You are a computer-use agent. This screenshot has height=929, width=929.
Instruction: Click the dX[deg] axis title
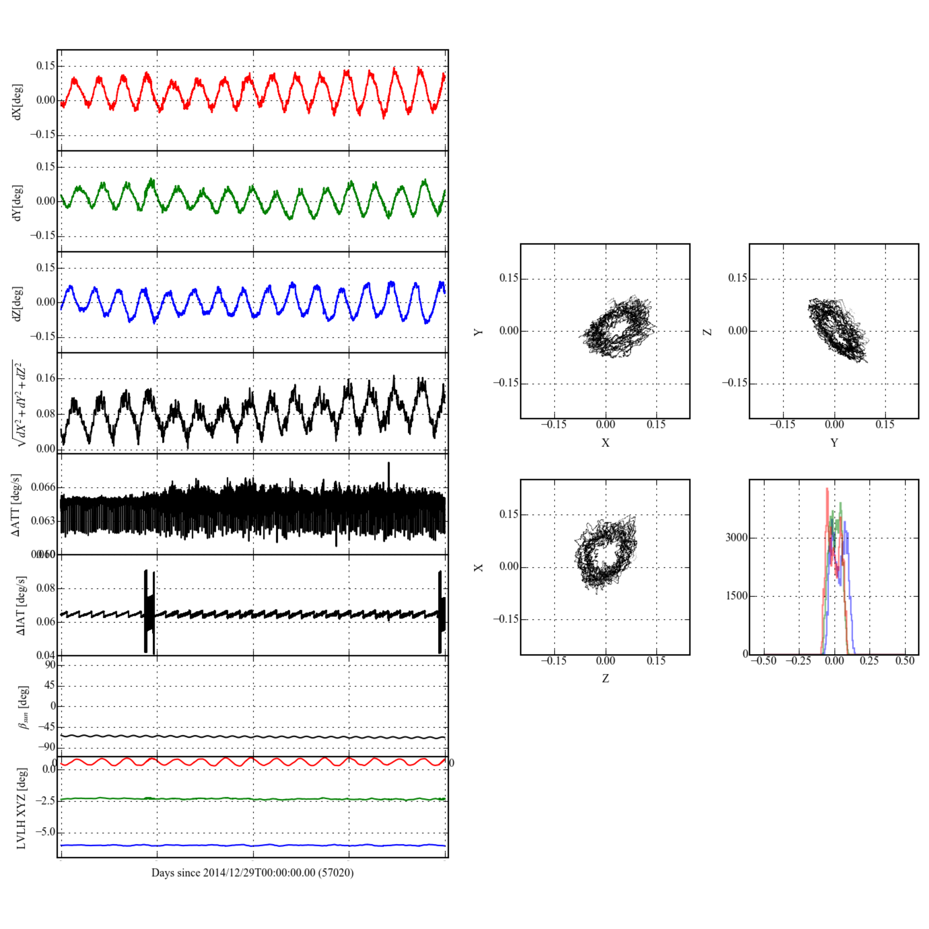[17, 101]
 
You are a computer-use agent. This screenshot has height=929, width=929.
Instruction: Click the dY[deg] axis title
[17, 203]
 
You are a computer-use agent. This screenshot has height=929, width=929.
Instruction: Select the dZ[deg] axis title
[17, 303]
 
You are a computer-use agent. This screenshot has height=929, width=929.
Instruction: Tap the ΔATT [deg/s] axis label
[16, 505]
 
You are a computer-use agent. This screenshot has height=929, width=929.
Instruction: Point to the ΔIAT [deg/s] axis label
[21, 605]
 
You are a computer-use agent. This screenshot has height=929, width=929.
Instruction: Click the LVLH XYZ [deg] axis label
[21, 808]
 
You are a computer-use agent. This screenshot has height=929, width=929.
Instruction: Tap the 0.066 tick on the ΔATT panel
[43, 488]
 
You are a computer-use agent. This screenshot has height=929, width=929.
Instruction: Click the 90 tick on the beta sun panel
[50, 665]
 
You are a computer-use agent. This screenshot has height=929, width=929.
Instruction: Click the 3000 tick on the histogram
[737, 537]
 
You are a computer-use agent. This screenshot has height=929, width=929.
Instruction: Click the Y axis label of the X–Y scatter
[478, 332]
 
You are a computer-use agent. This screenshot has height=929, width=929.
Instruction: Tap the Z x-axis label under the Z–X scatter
[605, 679]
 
